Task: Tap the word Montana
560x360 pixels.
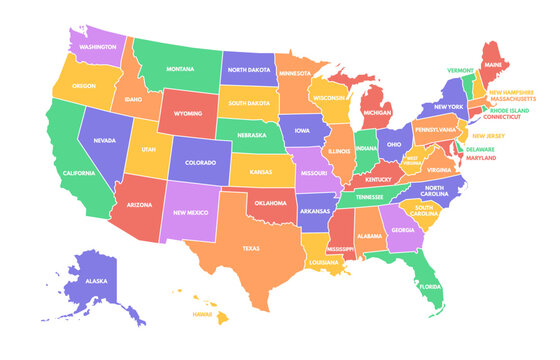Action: pos(180,69)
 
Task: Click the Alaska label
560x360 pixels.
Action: pos(96,281)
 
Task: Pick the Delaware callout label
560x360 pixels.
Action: pos(479,149)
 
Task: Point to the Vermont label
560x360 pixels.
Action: pos(461,71)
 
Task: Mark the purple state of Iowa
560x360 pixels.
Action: pos(302,129)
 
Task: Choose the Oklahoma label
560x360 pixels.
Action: pos(269,203)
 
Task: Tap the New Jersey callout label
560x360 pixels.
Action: pos(488,136)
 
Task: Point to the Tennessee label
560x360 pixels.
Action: pos(368,197)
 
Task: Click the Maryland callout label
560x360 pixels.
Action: pos(481,157)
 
